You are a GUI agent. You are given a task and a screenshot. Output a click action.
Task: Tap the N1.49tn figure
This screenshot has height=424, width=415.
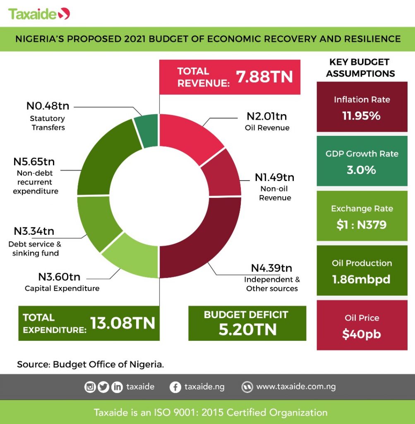(x=274, y=178)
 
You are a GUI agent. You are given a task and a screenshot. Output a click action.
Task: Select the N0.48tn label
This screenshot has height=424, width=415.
(x=48, y=106)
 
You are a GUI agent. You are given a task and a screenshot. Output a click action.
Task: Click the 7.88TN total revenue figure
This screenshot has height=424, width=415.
(x=264, y=77)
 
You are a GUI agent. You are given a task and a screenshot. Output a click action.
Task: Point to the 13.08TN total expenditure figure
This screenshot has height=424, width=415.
(x=122, y=323)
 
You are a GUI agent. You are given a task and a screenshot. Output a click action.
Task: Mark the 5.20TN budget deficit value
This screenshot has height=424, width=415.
(x=247, y=330)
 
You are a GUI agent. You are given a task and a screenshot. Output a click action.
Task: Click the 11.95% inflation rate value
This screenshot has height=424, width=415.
(x=361, y=116)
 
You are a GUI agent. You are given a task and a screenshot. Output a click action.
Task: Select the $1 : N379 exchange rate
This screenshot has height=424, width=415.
(x=362, y=225)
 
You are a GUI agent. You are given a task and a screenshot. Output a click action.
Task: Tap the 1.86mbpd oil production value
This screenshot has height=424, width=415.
(x=361, y=279)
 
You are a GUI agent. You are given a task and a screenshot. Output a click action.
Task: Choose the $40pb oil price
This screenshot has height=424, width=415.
(x=361, y=334)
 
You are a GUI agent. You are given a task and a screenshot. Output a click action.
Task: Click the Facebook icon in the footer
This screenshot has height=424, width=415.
(x=175, y=387)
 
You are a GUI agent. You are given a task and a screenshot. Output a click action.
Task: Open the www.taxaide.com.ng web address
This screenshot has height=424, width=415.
(x=296, y=387)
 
